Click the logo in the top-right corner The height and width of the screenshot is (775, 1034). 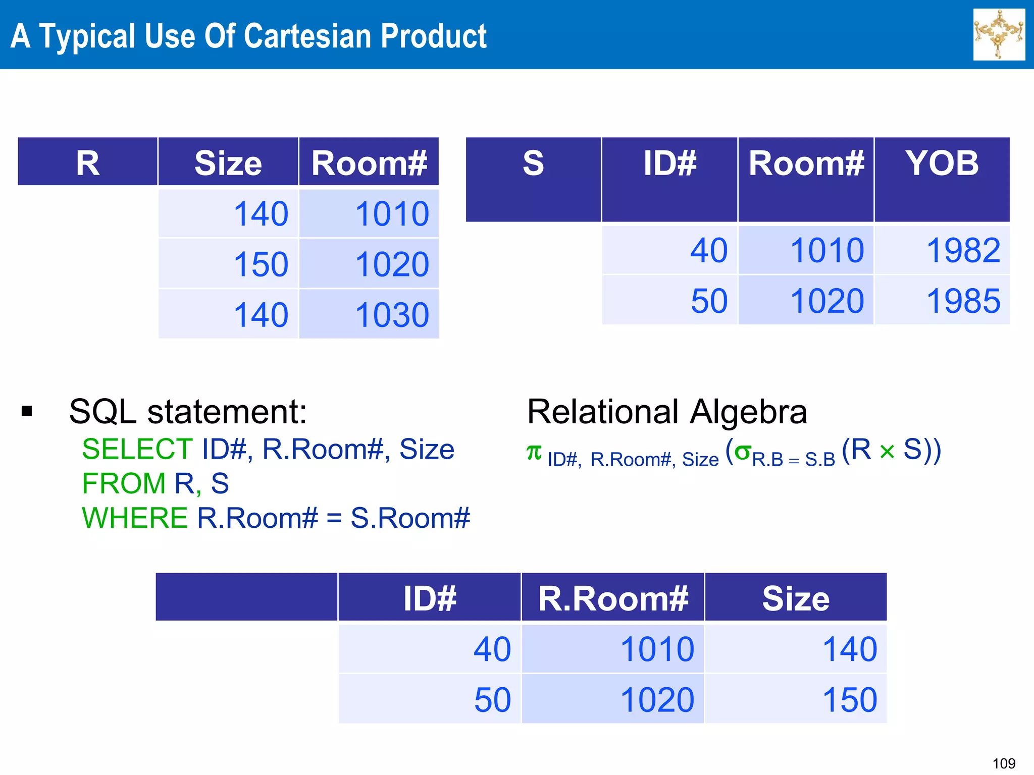(x=999, y=34)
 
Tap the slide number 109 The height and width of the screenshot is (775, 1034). (x=1004, y=763)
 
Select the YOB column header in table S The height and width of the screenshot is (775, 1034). (x=942, y=163)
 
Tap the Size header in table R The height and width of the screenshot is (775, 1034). (x=228, y=163)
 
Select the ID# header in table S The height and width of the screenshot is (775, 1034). (x=669, y=163)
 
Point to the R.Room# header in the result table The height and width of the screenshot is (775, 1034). (x=613, y=599)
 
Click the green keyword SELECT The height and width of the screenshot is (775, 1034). (x=137, y=449)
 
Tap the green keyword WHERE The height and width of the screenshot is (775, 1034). (x=135, y=518)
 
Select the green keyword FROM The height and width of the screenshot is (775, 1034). (x=124, y=483)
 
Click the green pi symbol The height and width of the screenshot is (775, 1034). (x=534, y=452)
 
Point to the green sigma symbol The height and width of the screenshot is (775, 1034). (x=743, y=452)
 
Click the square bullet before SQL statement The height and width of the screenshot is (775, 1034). (x=27, y=411)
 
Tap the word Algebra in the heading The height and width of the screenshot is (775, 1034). (x=748, y=412)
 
